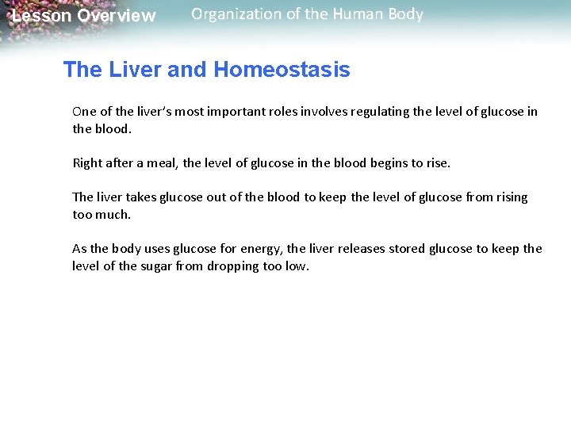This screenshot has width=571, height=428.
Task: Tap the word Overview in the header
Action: click(x=117, y=16)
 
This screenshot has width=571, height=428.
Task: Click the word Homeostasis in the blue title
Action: click(x=282, y=70)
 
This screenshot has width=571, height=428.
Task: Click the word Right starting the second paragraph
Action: click(x=89, y=163)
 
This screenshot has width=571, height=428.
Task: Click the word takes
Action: click(x=138, y=197)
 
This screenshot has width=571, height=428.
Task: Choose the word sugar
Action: click(x=159, y=266)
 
